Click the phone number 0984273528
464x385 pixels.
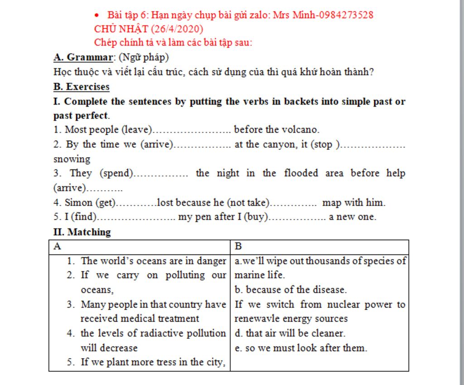(346, 15)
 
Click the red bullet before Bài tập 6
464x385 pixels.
(97, 15)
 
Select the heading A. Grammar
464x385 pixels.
(82, 58)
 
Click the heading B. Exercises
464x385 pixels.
(82, 87)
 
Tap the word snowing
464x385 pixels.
(72, 159)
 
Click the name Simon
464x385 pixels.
(79, 202)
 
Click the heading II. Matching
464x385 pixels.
(82, 232)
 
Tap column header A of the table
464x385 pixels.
(57, 246)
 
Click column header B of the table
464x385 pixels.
(238, 246)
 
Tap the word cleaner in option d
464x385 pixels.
(325, 333)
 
